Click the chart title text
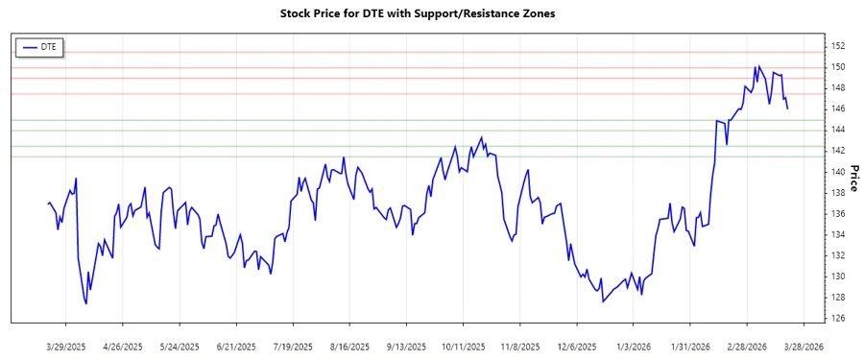pos(431,14)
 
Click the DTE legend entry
pos(39,46)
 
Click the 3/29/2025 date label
pos(66,346)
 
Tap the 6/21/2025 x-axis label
pos(236,346)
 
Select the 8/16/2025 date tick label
pos(349,346)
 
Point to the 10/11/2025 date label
pos(463,346)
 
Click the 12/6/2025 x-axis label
pos(576,346)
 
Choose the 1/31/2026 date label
pos(689,346)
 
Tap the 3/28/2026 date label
pos(803,346)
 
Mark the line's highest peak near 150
pos(758,66)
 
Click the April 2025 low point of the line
pos(86,304)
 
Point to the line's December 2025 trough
pos(603,301)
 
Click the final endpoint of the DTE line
pos(788,108)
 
